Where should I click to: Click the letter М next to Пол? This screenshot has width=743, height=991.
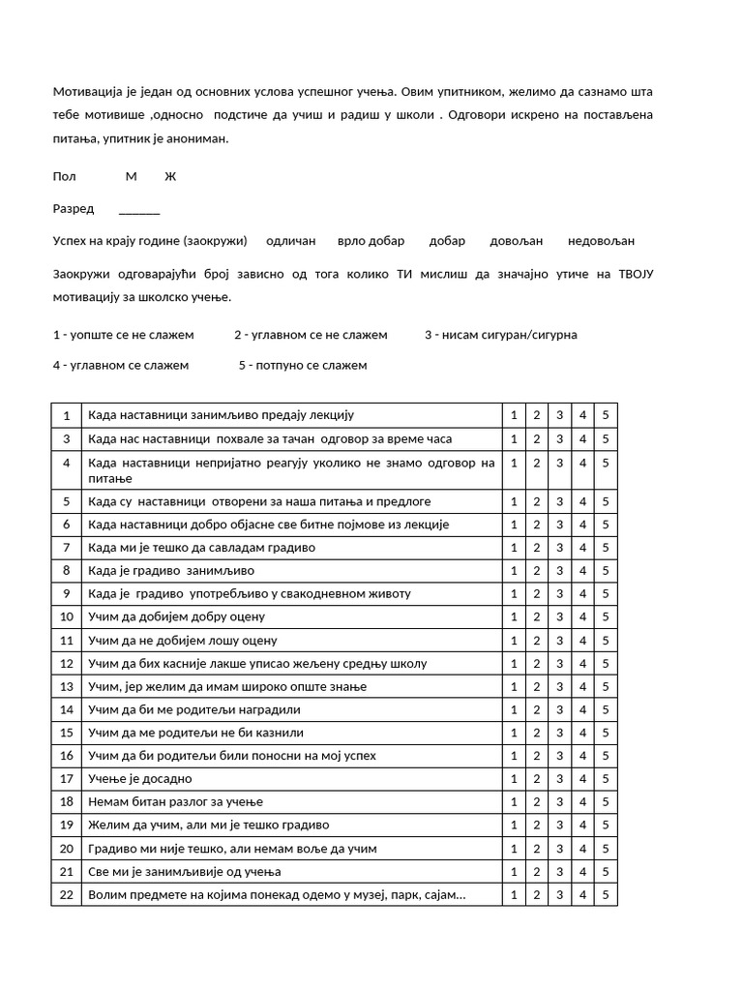tap(132, 176)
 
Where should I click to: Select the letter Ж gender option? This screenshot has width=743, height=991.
tap(170, 176)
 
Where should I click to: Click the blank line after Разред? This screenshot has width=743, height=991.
tap(139, 209)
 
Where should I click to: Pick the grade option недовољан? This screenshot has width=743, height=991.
tap(602, 241)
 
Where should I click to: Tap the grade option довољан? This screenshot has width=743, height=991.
tap(517, 241)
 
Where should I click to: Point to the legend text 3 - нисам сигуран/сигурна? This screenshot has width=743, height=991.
tap(501, 335)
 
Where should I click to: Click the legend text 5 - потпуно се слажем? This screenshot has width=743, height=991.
tap(303, 366)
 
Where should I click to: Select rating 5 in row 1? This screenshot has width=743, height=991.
tap(606, 415)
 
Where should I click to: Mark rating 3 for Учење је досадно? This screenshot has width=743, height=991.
tap(559, 779)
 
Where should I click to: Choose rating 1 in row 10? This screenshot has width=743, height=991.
tap(513, 617)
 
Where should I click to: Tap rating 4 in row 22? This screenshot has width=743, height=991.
tap(582, 895)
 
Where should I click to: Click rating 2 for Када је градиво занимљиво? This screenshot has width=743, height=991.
tap(536, 571)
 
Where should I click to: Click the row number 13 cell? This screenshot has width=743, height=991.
tap(67, 687)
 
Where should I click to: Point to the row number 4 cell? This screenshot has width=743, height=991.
tap(67, 464)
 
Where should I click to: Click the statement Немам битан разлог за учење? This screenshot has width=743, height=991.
tap(175, 802)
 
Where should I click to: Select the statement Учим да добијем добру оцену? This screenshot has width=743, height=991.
tap(176, 617)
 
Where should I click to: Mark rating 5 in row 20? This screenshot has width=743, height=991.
tap(606, 849)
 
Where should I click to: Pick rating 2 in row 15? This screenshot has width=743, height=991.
tap(536, 733)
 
